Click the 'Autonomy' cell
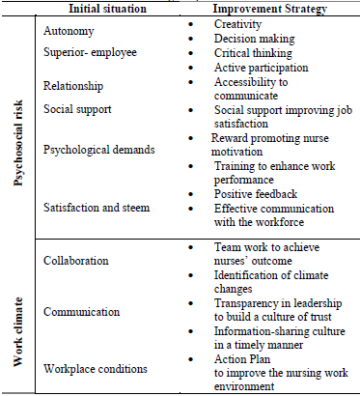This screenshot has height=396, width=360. [x=69, y=31]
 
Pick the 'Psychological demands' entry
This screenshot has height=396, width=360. [x=98, y=151]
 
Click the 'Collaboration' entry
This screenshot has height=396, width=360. [x=76, y=261]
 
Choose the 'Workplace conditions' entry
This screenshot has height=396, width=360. [x=95, y=368]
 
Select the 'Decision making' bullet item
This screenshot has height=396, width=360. [x=254, y=38]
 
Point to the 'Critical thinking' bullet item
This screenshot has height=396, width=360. [x=256, y=52]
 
